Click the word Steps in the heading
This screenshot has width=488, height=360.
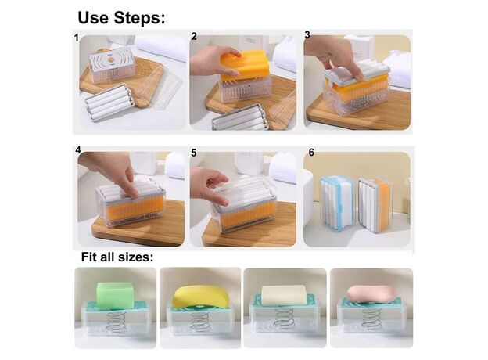(139, 18)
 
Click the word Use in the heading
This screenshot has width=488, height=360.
(94, 18)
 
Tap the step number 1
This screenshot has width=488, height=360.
(77, 38)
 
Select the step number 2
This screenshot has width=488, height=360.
(194, 37)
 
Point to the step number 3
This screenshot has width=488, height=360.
(307, 35)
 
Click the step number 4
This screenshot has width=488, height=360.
(77, 150)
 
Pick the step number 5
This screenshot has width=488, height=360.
(194, 153)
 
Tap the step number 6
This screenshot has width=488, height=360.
(311, 153)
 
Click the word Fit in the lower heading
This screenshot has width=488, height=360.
(89, 257)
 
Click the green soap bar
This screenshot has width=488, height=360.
(115, 295)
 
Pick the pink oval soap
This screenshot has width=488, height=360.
(372, 294)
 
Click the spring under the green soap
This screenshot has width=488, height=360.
(117, 322)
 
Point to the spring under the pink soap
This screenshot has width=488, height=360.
(371, 321)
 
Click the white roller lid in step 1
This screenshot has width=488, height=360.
(109, 103)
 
